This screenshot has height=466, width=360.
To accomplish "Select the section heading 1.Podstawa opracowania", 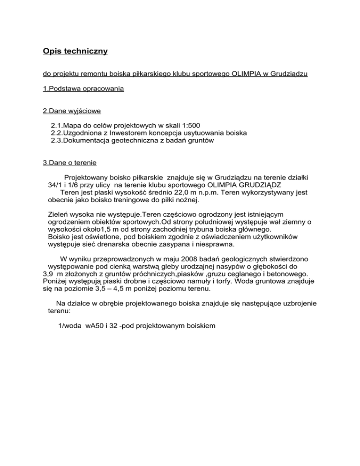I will tap(83, 88).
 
